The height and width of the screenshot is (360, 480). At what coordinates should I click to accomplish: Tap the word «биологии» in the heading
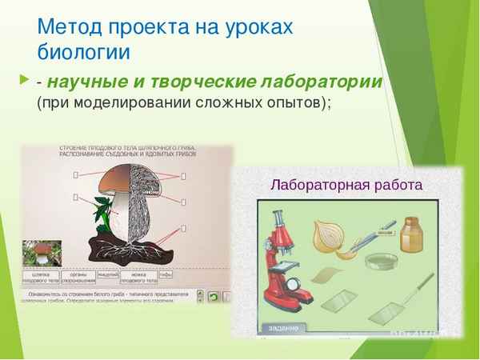coord(83,52)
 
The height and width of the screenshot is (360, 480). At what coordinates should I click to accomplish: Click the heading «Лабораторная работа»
coord(346,185)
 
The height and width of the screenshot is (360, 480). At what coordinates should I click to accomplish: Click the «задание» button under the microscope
coord(283,329)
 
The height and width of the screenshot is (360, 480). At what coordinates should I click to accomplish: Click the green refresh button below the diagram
coord(213,295)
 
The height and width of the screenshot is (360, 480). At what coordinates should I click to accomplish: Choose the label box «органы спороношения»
coord(80,276)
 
